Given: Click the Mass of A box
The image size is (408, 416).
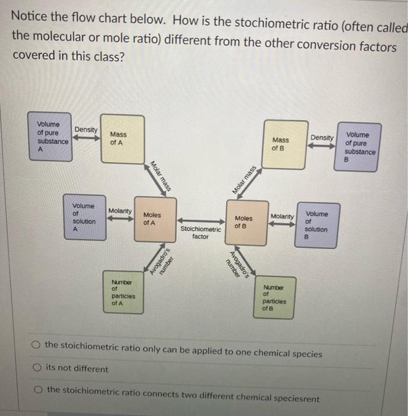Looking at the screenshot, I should pyautogui.click(x=122, y=138).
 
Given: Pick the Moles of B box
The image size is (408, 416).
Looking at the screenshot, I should pyautogui.click(x=246, y=223).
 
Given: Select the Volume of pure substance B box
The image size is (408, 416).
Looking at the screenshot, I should pyautogui.click(x=359, y=147).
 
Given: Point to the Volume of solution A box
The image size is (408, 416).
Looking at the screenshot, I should pyautogui.click(x=84, y=218).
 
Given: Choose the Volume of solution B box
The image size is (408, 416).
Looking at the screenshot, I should pyautogui.click(x=316, y=224).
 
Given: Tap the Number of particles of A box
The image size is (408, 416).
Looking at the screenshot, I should pyautogui.click(x=124, y=292).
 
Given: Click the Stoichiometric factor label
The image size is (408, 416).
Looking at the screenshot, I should pyautogui.click(x=200, y=232).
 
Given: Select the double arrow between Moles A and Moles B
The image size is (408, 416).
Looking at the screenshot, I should pyautogui.click(x=200, y=220).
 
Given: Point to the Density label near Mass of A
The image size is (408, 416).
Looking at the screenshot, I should pyautogui.click(x=86, y=130).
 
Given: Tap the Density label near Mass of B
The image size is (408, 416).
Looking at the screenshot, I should pyautogui.click(x=322, y=138).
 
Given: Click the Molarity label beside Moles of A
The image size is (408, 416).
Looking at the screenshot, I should pyautogui.click(x=120, y=211).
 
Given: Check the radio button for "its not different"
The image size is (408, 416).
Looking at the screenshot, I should pyautogui.click(x=37, y=368).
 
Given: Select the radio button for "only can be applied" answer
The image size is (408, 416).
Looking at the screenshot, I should pyautogui.click(x=37, y=344).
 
